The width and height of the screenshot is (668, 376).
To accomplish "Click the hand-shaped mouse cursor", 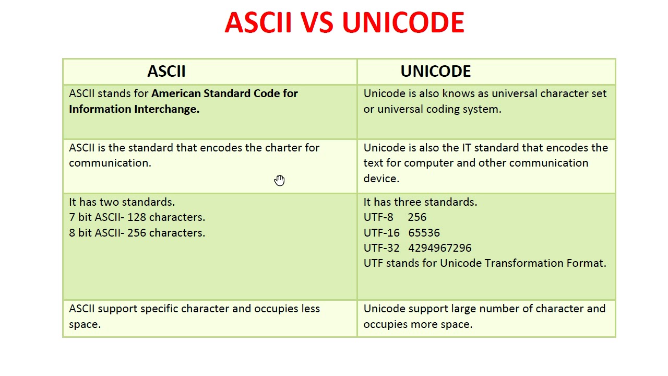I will pos(280,180).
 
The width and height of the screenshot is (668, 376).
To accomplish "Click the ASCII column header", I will pos(166,72).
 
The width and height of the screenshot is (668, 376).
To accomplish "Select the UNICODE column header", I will pos(435,72).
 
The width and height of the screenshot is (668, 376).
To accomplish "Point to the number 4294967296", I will pos(439,248).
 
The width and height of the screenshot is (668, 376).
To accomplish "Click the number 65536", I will pos(424,233).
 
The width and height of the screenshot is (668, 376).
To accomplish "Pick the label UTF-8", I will pos(378,217).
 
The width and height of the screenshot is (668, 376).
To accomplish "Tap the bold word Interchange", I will pos(166,109).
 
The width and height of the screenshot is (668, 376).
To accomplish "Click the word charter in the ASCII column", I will pos(283,148).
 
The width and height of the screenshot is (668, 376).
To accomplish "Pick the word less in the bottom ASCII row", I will pos(310,309).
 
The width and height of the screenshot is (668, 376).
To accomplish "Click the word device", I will pos(381,179).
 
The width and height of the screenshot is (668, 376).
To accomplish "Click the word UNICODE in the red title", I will pos(403,23).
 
